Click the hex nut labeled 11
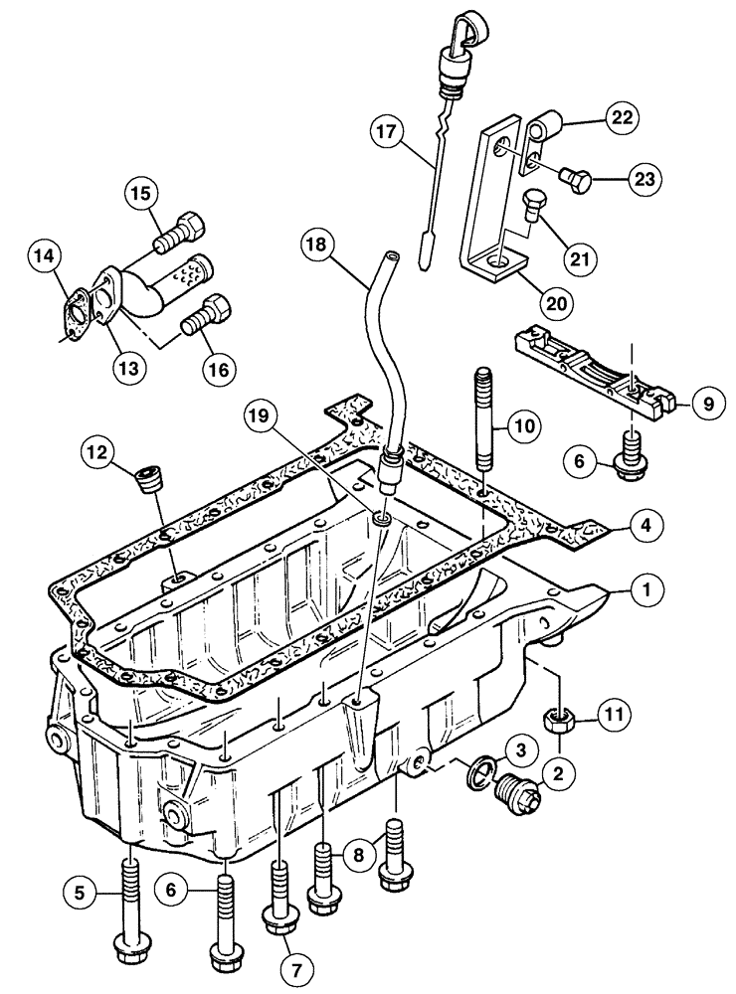coord(560,719)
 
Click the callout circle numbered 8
coord(357,852)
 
